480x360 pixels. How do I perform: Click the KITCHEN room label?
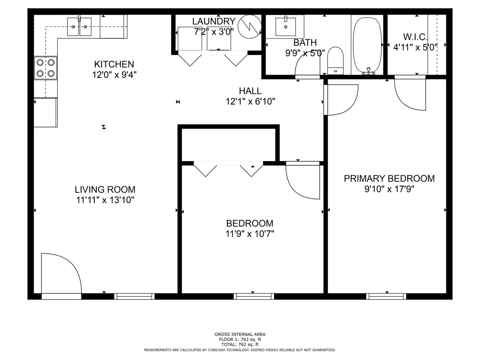coord(114,64)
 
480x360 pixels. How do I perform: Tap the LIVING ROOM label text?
coord(105,190)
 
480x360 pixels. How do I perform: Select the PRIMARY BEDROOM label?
coord(389,179)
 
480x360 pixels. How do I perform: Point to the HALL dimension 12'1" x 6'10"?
coord(250,102)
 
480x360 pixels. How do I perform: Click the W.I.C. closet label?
coord(415,37)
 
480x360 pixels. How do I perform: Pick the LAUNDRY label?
coord(214,21)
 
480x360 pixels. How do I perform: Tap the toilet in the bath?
coord(335,61)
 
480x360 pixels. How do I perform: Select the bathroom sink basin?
coord(286,27)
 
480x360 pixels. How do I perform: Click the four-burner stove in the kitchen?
coord(45,68)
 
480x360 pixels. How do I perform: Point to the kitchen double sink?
coord(79,27)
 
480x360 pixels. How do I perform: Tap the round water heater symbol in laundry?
coord(250,27)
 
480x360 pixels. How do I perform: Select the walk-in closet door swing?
coord(410,93)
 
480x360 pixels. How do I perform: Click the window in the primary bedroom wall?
coord(386,296)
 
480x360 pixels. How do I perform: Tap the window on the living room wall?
coord(134,296)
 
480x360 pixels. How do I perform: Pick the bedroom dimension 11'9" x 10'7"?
coord(250,234)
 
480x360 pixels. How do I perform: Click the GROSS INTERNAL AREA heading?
coord(240,334)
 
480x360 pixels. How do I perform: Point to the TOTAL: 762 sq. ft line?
coord(240,345)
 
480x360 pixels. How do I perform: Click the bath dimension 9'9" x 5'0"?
coord(305,53)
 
